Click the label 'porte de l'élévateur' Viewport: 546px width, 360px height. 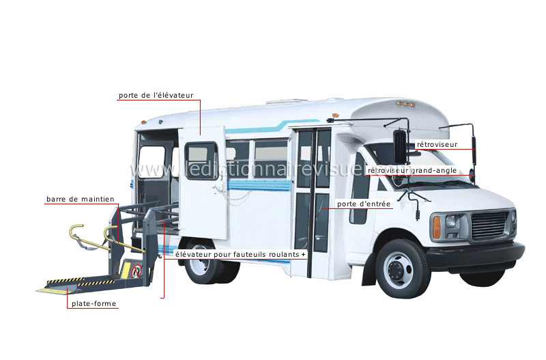(156, 95)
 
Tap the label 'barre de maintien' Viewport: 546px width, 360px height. (80, 199)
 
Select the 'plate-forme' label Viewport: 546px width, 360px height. (94, 303)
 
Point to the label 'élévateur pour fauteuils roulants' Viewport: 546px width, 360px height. (237, 254)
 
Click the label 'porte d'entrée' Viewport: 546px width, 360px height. (364, 204)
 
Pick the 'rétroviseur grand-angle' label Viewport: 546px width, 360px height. (412, 170)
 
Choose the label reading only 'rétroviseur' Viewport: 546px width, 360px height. (437, 144)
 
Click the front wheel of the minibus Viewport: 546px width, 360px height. (403, 268)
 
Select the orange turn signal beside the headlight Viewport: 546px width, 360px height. (437, 227)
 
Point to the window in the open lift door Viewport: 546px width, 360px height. (201, 161)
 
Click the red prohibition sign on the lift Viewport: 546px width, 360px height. (138, 271)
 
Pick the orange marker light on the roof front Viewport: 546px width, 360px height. (336, 115)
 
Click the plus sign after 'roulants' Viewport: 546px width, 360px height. (304, 255)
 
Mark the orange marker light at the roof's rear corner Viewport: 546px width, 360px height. (143, 123)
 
